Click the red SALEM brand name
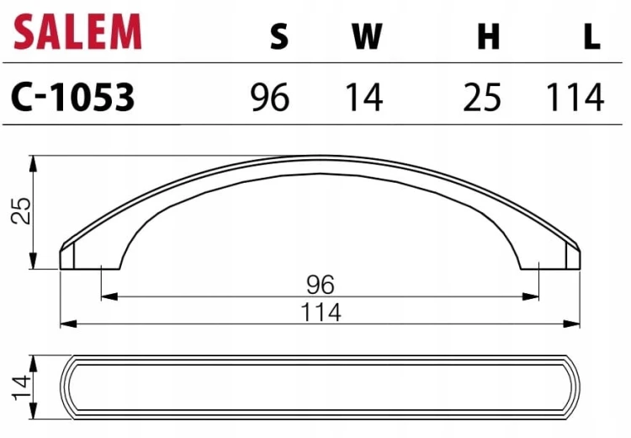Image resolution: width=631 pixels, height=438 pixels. click(77, 31)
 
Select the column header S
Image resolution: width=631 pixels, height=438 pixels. click(279, 36)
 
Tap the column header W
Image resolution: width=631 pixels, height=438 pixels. click(367, 36)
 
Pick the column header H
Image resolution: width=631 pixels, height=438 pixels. click(488, 36)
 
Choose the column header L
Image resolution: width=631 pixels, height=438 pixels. click(592, 36)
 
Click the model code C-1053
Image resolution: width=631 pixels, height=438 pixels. click(73, 97)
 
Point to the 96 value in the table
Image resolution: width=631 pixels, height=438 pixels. click(269, 97)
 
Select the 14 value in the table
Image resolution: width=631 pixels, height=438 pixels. click(364, 97)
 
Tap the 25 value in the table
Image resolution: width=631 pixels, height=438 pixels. click(482, 97)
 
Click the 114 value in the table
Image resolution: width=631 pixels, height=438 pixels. click(575, 97)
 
